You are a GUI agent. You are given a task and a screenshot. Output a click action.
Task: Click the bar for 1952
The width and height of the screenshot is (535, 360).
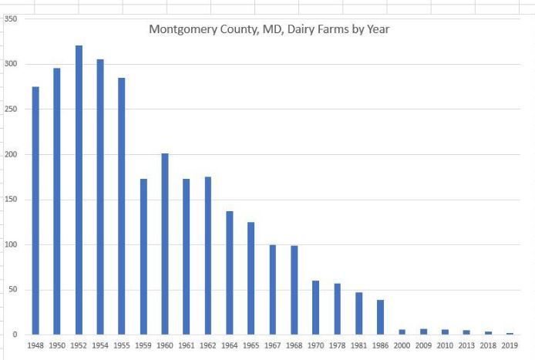[x=79, y=190]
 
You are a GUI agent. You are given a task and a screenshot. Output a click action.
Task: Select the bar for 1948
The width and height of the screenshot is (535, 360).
[x=35, y=210]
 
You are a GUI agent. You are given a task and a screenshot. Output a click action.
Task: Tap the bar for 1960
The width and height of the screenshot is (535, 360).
[x=165, y=244]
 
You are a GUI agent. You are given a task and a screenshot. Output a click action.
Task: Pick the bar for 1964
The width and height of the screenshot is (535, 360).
[x=230, y=273]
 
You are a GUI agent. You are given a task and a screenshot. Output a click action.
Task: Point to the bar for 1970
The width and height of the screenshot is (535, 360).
[x=315, y=308]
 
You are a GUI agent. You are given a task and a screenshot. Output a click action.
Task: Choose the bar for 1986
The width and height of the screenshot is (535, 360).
[x=381, y=317]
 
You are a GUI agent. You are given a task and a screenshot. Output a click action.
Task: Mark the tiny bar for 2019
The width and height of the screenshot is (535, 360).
[x=510, y=333]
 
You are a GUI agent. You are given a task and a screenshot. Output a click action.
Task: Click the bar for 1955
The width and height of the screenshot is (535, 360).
[x=122, y=206]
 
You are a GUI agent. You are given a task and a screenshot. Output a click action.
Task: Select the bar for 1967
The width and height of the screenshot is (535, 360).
[x=273, y=290]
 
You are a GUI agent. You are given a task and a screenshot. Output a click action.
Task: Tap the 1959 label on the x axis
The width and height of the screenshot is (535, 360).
[x=143, y=345]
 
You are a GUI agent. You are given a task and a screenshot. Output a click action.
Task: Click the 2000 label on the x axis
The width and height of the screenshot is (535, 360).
[x=402, y=345]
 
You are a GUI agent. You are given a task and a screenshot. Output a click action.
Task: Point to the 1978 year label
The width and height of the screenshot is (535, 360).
[x=337, y=345]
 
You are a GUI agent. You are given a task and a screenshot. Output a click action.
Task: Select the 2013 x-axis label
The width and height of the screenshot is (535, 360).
[x=466, y=345]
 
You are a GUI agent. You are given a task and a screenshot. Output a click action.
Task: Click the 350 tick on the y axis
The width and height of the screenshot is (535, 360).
[x=11, y=19]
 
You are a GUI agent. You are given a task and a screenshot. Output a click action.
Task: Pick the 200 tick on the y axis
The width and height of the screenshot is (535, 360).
[x=11, y=154]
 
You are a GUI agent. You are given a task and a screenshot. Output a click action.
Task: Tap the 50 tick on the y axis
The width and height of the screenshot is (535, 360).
[x=13, y=290]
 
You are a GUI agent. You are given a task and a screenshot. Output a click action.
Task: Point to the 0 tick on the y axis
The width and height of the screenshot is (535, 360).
[x=15, y=335]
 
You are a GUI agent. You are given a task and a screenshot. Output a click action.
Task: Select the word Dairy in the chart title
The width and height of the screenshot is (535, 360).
[x=301, y=30]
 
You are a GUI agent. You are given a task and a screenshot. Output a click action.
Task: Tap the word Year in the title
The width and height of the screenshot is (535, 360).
[x=378, y=29]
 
